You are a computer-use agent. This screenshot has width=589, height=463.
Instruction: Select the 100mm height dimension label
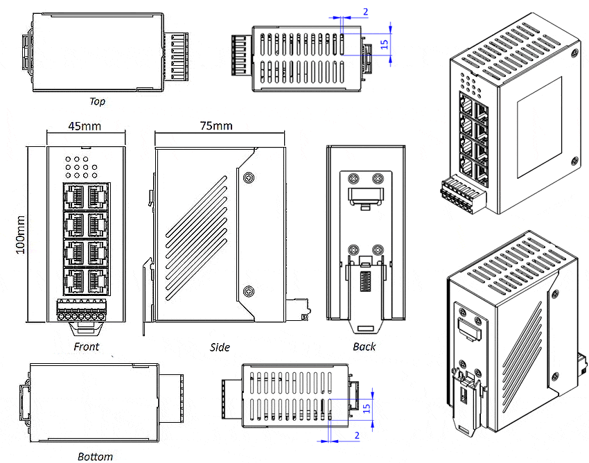19,234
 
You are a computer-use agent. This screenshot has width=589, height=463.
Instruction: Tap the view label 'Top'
98,101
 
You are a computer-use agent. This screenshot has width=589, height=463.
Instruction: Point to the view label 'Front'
87,346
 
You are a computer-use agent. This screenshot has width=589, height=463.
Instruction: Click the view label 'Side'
220,347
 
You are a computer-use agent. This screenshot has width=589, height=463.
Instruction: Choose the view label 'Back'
364,346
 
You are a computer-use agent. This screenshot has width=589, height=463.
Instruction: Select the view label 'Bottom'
96,456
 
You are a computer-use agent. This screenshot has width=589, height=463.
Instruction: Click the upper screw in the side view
248,177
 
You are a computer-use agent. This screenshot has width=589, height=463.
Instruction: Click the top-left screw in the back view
353,177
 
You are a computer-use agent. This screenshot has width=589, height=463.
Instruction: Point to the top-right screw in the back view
378,177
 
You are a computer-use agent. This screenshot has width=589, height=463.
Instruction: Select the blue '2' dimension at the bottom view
357,435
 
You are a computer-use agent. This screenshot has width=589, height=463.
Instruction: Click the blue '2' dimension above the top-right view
365,12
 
